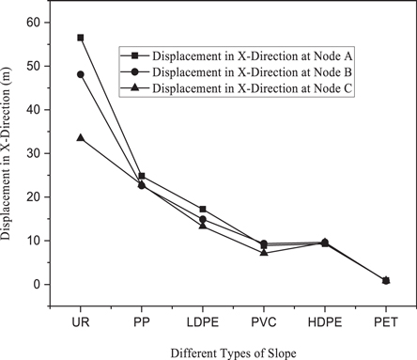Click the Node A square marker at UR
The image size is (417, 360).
coord(81,38)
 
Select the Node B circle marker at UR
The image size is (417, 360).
coord(81,74)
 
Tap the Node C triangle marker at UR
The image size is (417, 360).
coord(81,137)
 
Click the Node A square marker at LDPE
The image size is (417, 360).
coord(203,209)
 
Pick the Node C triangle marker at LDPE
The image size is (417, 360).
coord(203,226)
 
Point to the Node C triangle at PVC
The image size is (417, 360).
coord(264,252)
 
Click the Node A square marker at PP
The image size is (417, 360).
coord(142,176)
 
